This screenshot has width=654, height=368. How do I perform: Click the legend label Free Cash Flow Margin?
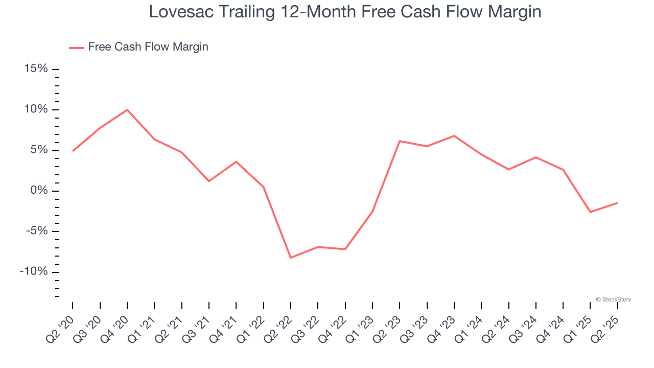click(x=148, y=47)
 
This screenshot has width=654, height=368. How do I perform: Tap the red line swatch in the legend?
click(x=77, y=48)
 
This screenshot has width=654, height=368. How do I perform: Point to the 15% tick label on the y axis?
click(x=36, y=69)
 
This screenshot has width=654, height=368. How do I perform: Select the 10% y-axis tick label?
click(x=36, y=109)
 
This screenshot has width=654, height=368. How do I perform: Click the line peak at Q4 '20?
click(x=127, y=109)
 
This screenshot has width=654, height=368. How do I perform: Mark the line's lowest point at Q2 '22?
click(x=291, y=258)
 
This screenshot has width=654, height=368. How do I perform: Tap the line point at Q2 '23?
click(x=400, y=141)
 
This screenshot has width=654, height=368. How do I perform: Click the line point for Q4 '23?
click(x=454, y=135)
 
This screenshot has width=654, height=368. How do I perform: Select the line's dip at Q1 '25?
click(x=591, y=212)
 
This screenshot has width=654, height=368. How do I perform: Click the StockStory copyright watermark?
click(x=614, y=300)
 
